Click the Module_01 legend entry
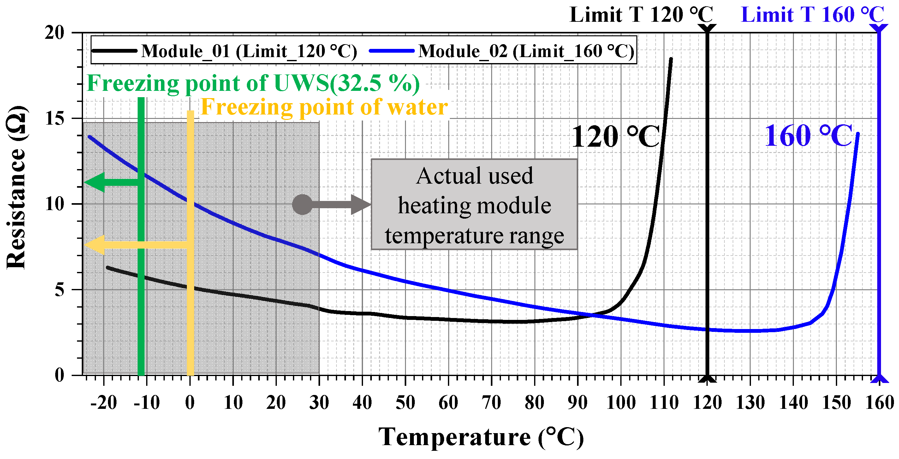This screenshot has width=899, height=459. click(249, 51)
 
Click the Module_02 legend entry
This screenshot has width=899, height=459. click(526, 51)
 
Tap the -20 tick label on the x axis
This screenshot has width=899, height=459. click(104, 403)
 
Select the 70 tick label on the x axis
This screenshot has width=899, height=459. click(491, 403)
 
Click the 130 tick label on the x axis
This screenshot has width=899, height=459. click(750, 403)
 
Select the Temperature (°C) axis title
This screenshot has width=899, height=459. click(481, 437)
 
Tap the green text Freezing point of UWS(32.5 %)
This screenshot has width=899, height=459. click(253, 84)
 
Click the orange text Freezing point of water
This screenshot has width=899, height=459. click(324, 107)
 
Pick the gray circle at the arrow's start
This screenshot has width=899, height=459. click(302, 204)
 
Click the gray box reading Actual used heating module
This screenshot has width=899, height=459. click(474, 205)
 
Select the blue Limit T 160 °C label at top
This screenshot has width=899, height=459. click(813, 15)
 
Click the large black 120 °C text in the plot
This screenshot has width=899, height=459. click(616, 137)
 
